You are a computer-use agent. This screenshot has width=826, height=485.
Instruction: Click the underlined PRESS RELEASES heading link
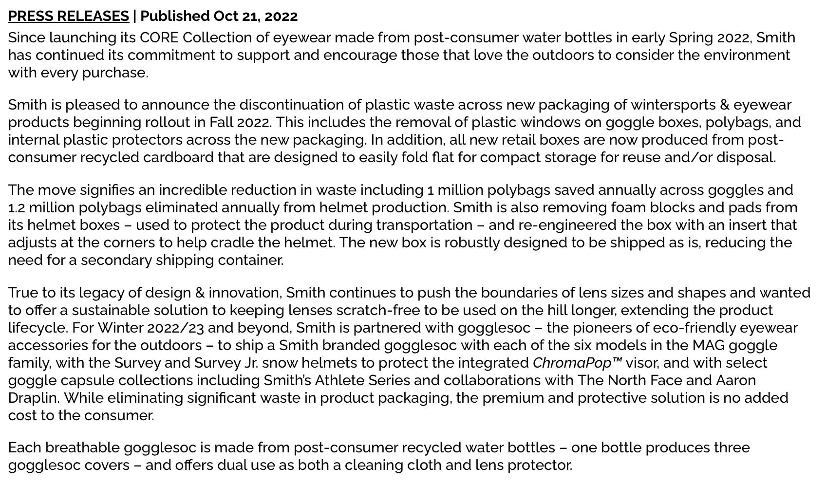click(69, 16)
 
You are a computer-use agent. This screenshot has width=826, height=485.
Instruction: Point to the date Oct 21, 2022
click(255, 16)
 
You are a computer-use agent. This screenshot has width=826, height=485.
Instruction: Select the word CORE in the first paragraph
click(159, 37)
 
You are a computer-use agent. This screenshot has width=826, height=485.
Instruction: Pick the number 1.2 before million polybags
click(17, 207)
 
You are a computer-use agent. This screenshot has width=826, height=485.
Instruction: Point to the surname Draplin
click(33, 398)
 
